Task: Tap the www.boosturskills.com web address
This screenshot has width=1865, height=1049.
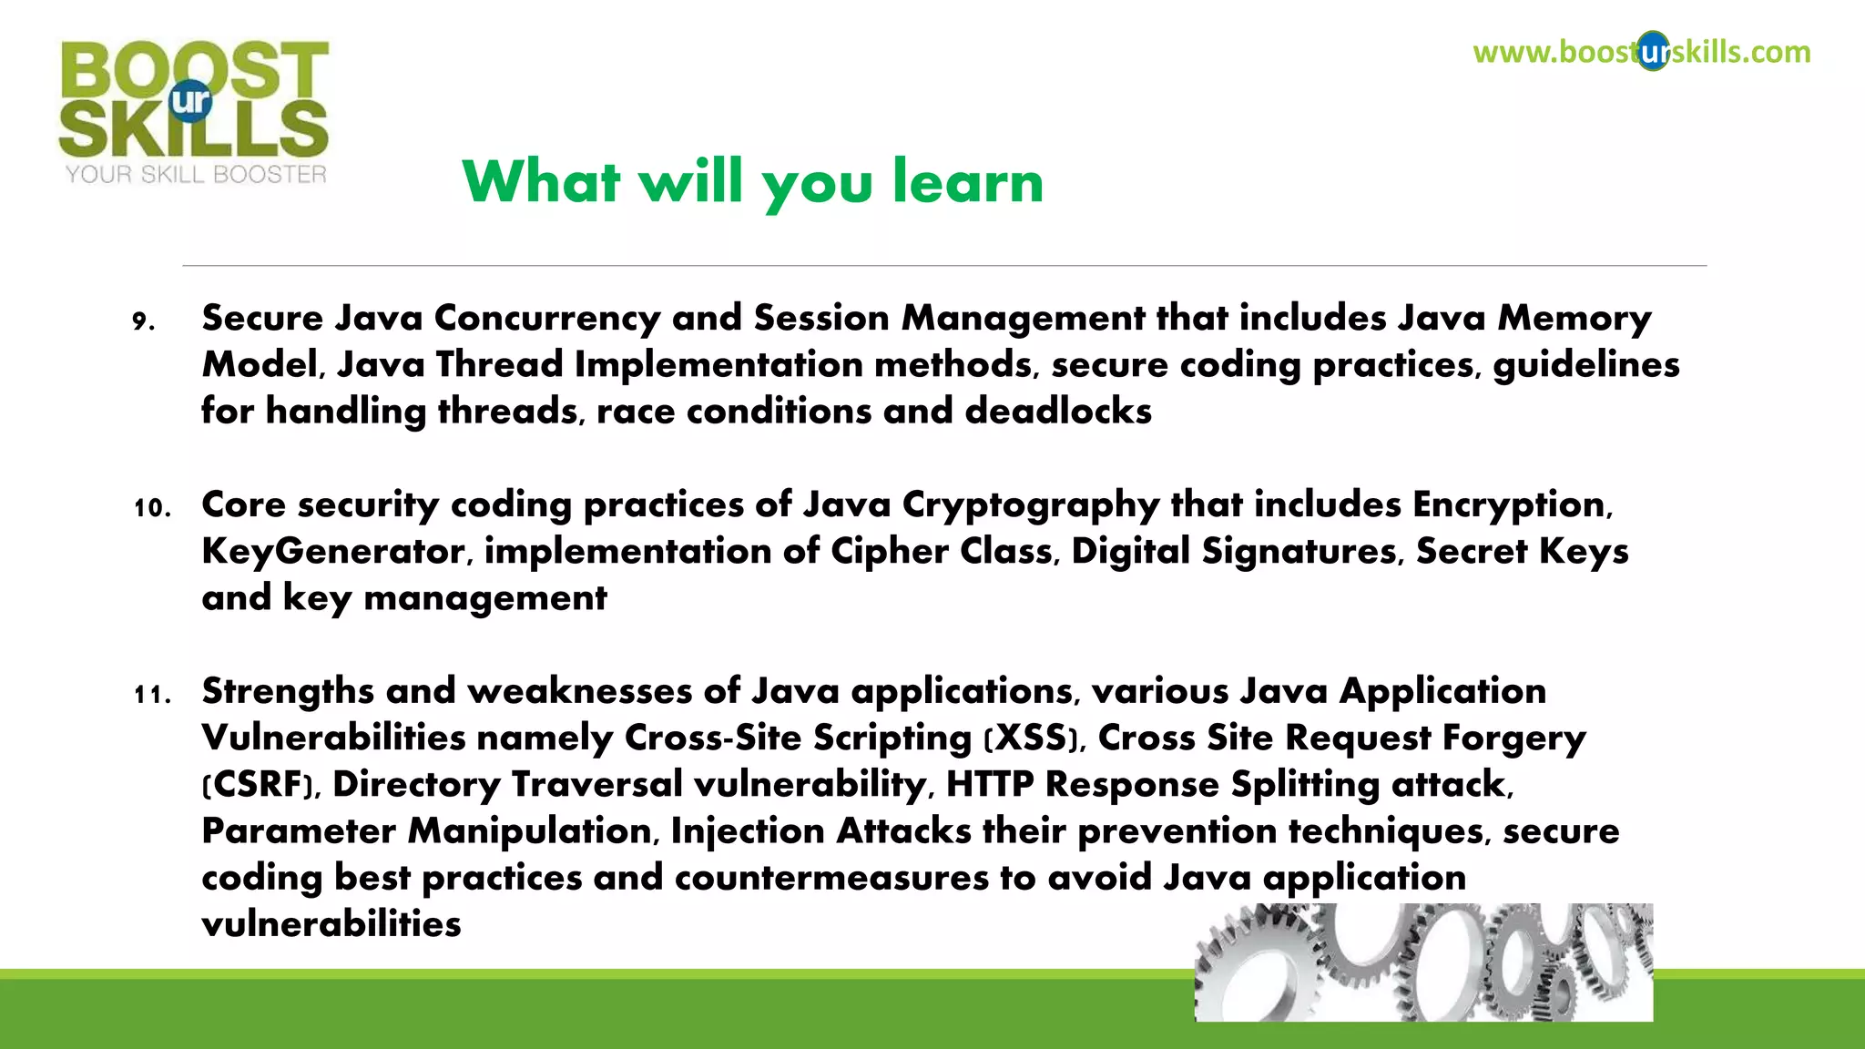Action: click(1641, 52)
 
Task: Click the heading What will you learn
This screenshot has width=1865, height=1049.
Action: click(752, 181)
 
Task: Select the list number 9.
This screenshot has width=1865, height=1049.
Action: click(143, 321)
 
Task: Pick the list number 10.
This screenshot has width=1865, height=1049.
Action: click(152, 508)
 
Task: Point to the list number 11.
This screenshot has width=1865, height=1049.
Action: click(152, 695)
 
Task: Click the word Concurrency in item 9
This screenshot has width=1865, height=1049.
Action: click(546, 319)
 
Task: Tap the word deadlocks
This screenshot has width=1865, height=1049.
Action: click(1058, 412)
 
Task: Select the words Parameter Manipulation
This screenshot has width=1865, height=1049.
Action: click(426, 831)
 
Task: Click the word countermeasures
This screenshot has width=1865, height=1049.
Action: click(831, 878)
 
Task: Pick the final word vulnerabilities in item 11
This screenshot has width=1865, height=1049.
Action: click(331, 924)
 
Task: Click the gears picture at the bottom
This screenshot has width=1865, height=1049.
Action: click(1422, 962)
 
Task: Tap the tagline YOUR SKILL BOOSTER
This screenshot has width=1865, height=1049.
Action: click(195, 175)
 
